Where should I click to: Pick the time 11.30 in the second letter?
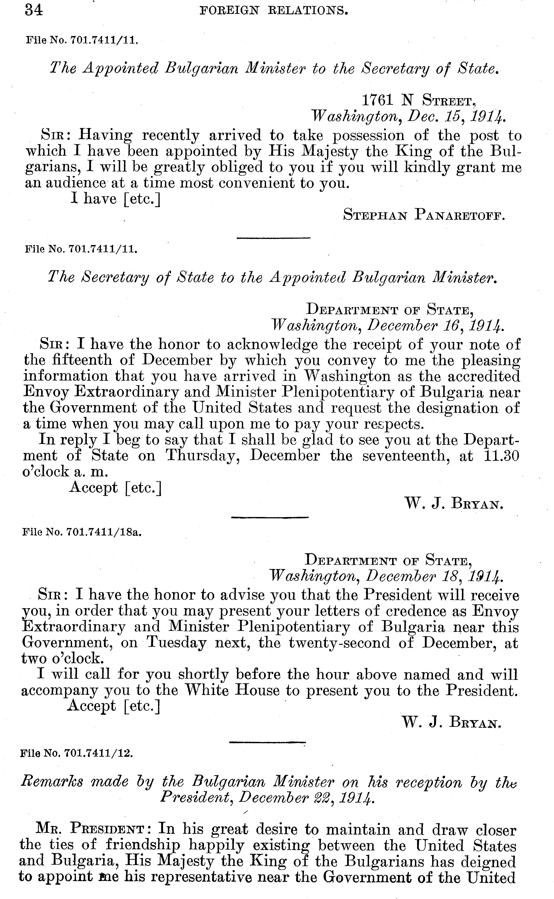[x=501, y=456]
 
